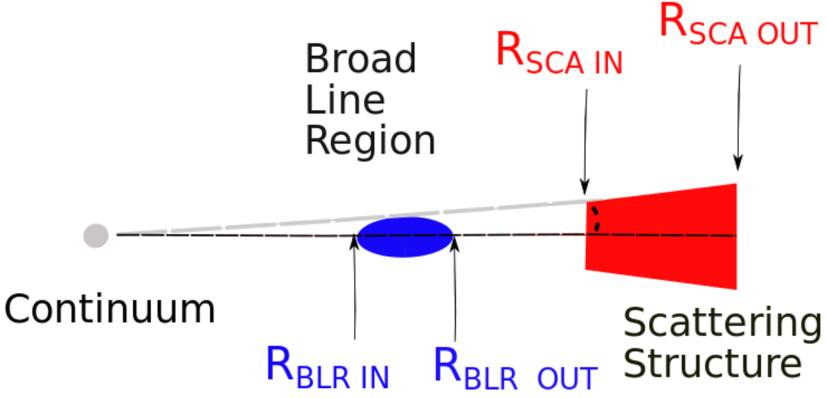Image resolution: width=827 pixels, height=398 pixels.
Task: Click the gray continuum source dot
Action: (95, 235)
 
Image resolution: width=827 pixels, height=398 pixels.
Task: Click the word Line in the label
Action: (345, 101)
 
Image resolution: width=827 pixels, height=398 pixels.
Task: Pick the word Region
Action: (370, 142)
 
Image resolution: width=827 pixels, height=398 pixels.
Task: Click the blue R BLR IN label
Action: (327, 368)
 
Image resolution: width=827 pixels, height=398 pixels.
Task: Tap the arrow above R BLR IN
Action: (354, 289)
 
